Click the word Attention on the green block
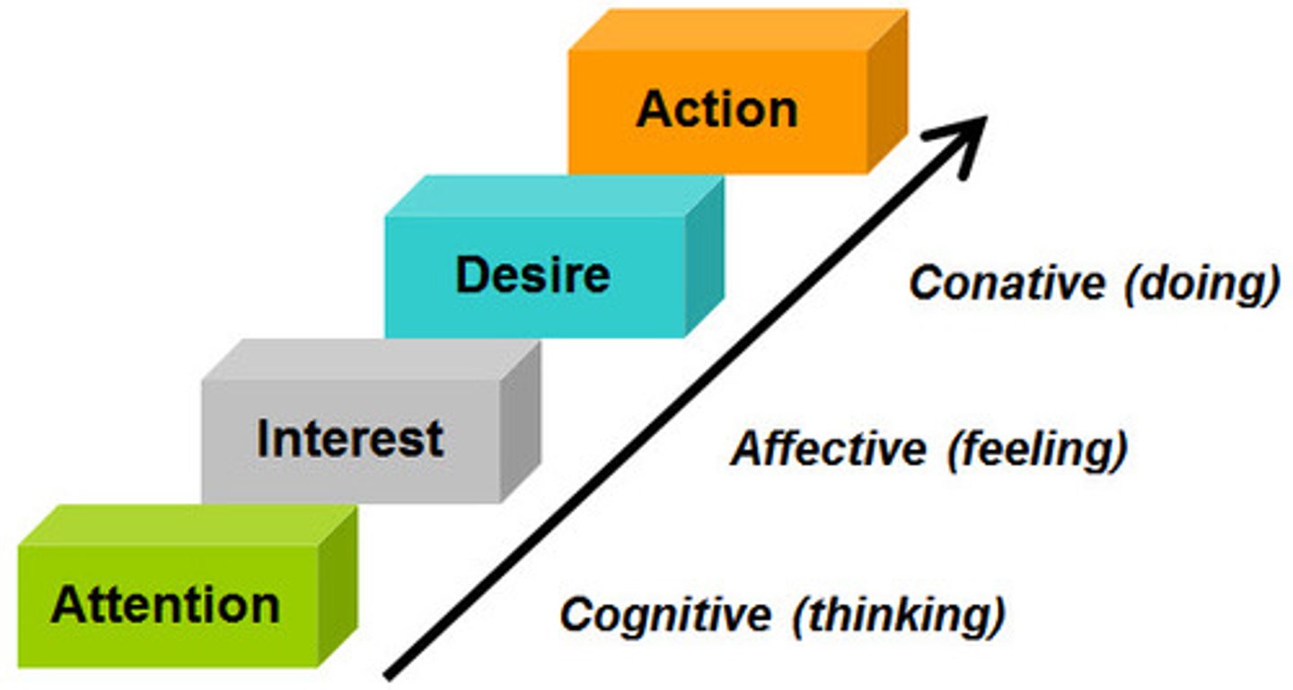click(x=165, y=605)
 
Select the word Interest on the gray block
click(x=350, y=439)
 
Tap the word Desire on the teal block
click(x=532, y=275)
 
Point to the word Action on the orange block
click(x=717, y=110)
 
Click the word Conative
click(x=1007, y=284)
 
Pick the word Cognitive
click(x=665, y=615)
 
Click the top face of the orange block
click(x=736, y=30)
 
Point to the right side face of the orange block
click(x=887, y=90)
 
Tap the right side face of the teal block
click(x=704, y=255)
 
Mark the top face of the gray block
click(x=370, y=359)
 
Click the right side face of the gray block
click(x=520, y=420)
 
